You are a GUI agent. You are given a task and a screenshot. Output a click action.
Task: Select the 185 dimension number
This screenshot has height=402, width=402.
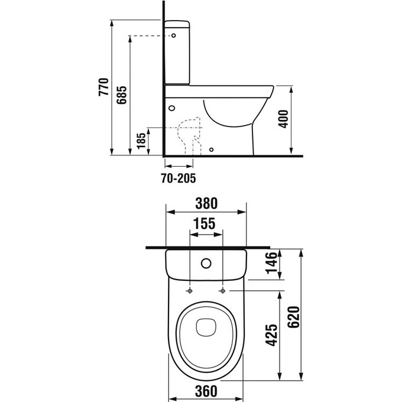click(x=141, y=141)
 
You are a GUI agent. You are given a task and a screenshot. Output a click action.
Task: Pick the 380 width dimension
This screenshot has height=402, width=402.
click(x=206, y=203)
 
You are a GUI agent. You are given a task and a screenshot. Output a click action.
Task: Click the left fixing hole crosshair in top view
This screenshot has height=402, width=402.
click(x=190, y=291)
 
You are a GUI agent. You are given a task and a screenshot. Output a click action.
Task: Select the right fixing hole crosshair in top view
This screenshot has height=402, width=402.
click(x=223, y=291)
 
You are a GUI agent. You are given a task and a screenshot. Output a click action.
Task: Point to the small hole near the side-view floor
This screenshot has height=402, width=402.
click(x=212, y=150)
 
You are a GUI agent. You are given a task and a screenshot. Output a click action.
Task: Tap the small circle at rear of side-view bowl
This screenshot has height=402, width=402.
click(x=172, y=108)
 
